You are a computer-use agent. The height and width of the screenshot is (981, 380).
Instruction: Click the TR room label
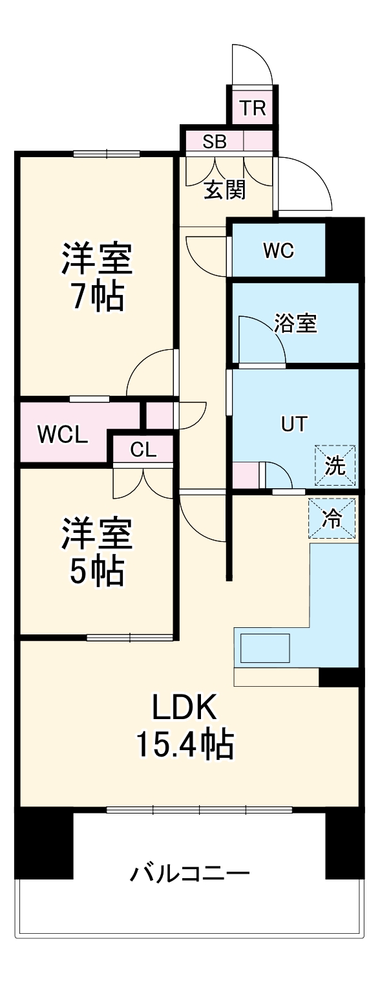(253, 108)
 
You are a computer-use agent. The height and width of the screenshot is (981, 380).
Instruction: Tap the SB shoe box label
(214, 142)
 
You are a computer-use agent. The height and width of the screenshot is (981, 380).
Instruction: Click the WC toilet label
(279, 250)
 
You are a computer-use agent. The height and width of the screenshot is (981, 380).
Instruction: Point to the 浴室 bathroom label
(295, 324)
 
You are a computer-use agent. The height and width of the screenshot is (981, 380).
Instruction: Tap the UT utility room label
(293, 424)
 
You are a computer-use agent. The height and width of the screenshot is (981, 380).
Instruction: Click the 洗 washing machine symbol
(335, 466)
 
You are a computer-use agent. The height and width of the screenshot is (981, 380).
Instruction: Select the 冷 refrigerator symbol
(332, 519)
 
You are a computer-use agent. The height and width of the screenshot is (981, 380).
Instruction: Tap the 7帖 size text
(96, 298)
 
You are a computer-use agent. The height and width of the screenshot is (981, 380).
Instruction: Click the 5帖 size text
(96, 570)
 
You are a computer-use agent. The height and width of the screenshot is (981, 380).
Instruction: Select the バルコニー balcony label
(190, 875)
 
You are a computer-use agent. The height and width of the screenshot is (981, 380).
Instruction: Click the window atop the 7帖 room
(106, 154)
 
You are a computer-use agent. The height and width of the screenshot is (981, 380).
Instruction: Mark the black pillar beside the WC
(343, 250)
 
